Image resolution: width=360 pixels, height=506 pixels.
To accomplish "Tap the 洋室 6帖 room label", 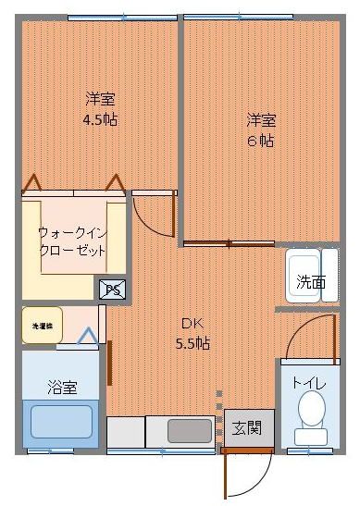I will [x=260, y=130].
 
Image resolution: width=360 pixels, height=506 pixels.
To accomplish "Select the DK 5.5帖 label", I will [x=193, y=333].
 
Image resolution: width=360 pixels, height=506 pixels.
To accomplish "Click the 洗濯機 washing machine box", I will [x=43, y=326].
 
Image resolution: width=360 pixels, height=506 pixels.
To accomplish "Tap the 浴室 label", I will [x=62, y=387].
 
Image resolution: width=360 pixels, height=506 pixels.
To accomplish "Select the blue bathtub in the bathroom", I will [x=62, y=422].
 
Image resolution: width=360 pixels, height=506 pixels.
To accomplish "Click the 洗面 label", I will [x=311, y=282].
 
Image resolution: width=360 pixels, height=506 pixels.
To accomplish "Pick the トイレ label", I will [x=307, y=381].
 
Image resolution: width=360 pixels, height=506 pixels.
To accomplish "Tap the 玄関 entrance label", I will [x=246, y=427].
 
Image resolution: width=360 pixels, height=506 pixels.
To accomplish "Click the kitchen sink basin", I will [x=189, y=431].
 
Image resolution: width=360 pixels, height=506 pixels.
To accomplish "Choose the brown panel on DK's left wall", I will [x=109, y=362].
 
